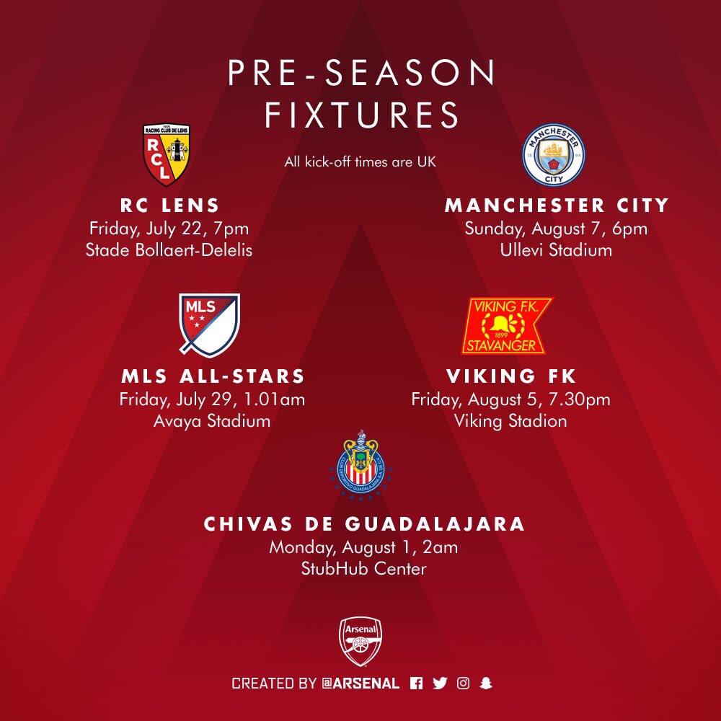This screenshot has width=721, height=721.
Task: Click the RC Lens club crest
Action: tap(166, 154)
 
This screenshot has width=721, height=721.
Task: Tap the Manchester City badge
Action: tap(554, 154)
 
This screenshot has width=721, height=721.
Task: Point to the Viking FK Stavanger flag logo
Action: tap(507, 326)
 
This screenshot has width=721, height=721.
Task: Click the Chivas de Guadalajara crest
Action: tap(361, 464)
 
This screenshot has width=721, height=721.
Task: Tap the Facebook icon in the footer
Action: tap(416, 684)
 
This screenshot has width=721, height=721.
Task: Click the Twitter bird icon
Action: tap(440, 684)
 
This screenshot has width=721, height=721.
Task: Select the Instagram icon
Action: tap(463, 684)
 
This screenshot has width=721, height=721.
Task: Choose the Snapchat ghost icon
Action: tap(486, 684)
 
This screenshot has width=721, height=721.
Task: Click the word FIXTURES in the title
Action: tap(361, 115)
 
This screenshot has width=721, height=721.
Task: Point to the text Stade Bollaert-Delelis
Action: tap(169, 250)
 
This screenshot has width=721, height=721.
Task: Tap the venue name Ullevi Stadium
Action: tap(556, 250)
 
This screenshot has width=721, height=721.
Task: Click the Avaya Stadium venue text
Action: tap(211, 421)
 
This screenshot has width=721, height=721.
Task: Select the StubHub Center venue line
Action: tap(363, 569)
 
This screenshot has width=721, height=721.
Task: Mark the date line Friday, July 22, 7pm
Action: tap(169, 229)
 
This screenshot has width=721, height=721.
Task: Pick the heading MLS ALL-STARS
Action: tap(213, 376)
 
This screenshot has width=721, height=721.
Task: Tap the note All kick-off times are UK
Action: tap(360, 162)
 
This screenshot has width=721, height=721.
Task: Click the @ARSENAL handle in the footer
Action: tap(360, 684)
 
